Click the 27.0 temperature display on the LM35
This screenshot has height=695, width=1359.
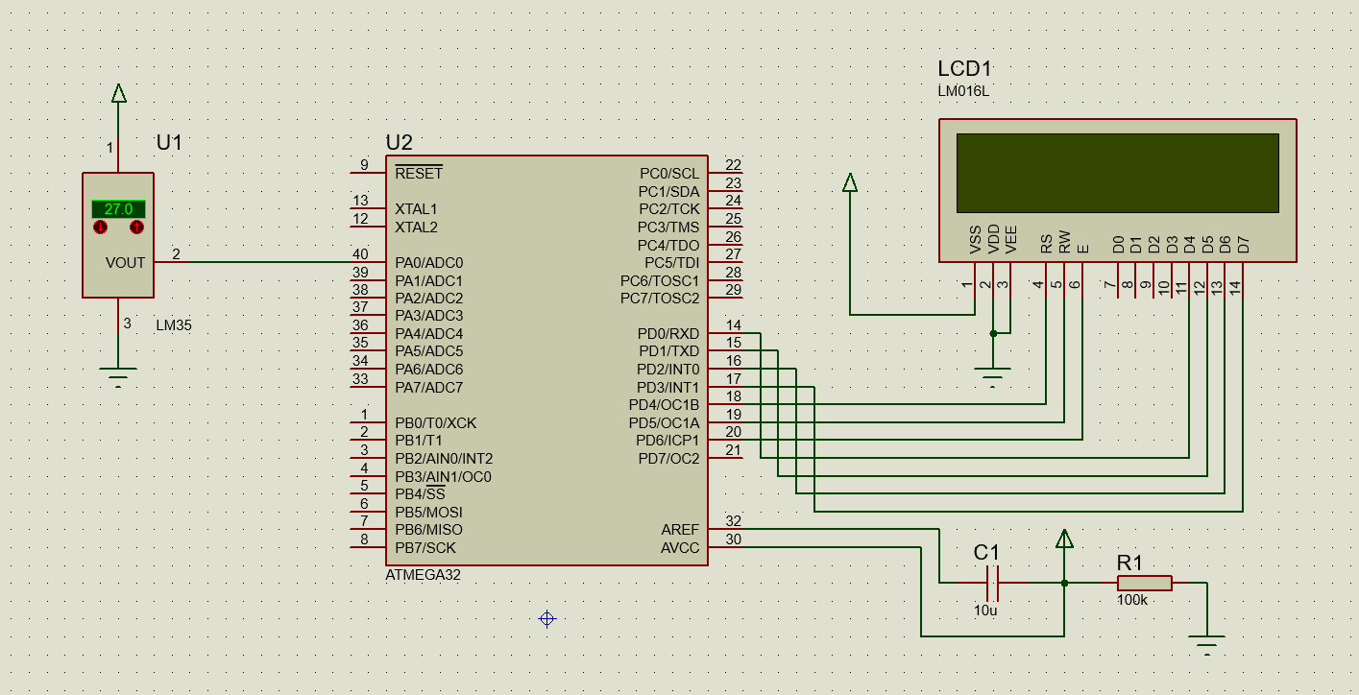[118, 208]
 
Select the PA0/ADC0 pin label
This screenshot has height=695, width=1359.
[428, 262]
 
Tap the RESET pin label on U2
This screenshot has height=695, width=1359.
[419, 174]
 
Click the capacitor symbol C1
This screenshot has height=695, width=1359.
[993, 582]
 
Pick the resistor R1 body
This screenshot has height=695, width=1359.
[1144, 582]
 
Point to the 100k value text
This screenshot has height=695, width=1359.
[1131, 601]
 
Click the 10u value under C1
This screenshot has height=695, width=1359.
[985, 611]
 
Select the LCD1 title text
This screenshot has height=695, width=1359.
[963, 69]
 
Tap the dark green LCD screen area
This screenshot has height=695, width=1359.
[1117, 173]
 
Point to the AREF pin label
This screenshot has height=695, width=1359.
[680, 530]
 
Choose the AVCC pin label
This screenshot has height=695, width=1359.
[680, 548]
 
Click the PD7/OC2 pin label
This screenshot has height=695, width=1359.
[668, 459]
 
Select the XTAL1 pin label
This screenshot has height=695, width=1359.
[416, 209]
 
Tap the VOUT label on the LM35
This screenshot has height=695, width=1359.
[125, 262]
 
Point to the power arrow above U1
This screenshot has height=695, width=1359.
[118, 93]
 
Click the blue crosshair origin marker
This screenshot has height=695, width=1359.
[546, 618]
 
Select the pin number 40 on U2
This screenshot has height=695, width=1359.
[360, 253]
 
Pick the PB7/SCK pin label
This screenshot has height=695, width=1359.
[425, 548]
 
